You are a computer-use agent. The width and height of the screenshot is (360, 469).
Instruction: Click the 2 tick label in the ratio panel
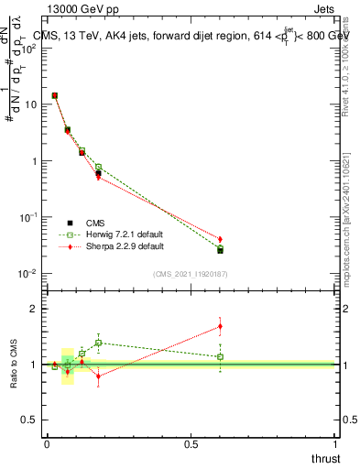(35, 309)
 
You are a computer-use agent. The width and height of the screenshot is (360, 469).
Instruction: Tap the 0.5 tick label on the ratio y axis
(30, 420)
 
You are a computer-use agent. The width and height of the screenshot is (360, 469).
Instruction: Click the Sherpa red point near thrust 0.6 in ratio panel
(220, 326)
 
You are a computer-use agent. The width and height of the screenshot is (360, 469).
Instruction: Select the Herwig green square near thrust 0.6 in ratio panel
(220, 356)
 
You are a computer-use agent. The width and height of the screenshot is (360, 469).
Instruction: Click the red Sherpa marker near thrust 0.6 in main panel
(220, 239)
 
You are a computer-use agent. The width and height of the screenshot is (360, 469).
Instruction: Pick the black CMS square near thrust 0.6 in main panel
(220, 250)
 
